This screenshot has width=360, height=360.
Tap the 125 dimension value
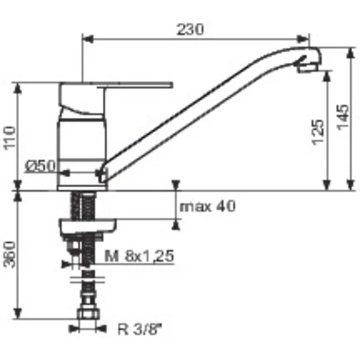click(x=318, y=132)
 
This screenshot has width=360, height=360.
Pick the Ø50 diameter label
click(x=40, y=166)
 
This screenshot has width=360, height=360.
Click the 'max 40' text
click(x=208, y=206)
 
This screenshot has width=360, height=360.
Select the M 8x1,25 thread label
click(x=138, y=255)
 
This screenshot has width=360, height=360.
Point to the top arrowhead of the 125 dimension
click(x=327, y=75)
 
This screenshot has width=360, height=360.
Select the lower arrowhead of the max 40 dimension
click(x=177, y=223)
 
